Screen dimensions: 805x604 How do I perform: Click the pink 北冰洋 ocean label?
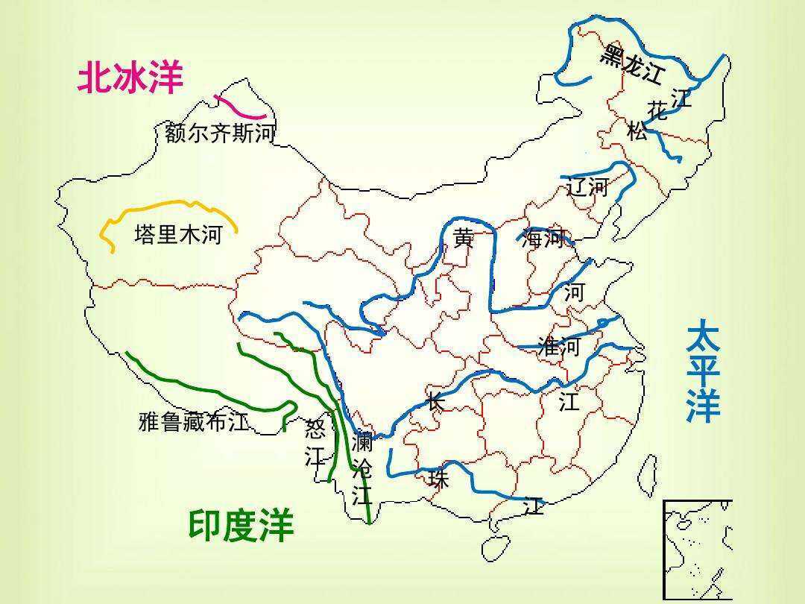coord(130,78)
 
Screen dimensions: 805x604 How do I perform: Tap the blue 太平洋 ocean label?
coord(703,371)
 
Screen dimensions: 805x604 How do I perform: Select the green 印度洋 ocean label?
coord(241,526)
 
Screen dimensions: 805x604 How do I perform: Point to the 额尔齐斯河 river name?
coord(220,134)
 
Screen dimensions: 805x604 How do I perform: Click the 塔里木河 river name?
coord(178,236)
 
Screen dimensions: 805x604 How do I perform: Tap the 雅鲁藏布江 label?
coord(194,422)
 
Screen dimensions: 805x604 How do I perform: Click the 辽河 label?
coord(587,187)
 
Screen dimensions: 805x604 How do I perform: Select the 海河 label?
coord(543,239)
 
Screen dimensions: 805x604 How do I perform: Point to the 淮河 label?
coord(559,347)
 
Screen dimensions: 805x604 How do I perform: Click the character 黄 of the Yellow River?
coord(464,239)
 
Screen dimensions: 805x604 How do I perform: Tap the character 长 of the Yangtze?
coord(436,401)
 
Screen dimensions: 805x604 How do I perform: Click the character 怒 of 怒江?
coord(316,429)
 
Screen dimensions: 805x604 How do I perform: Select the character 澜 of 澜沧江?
coord(362,442)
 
